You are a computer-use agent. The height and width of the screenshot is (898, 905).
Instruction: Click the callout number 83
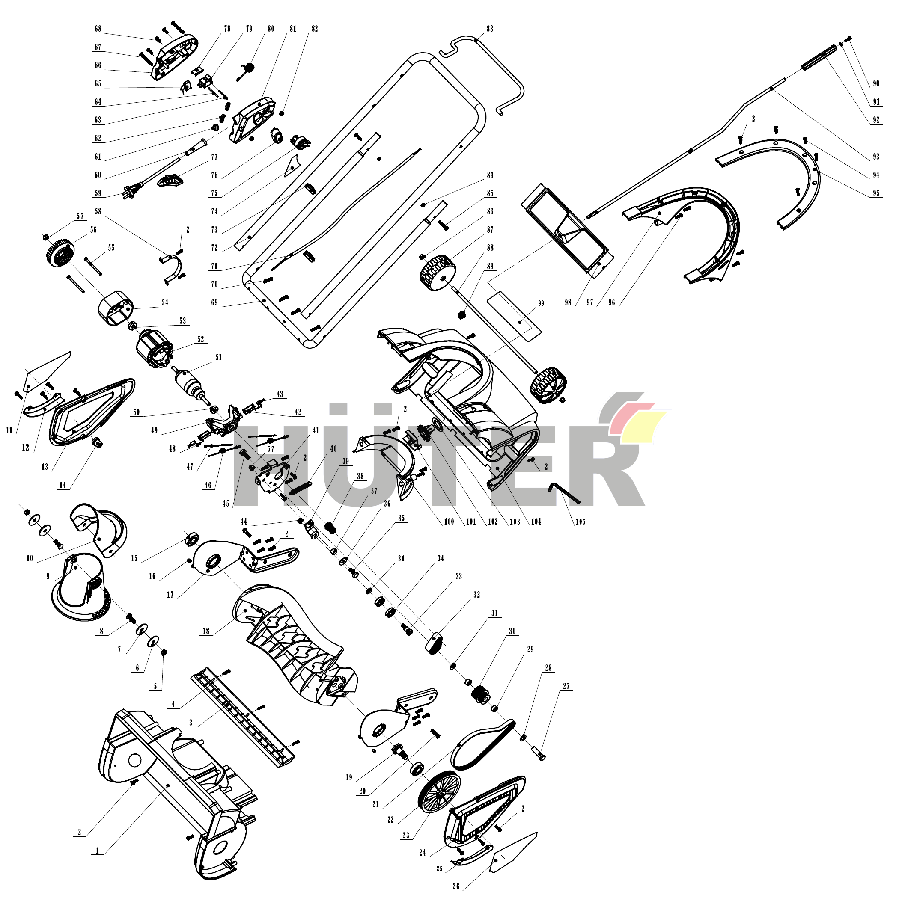tap(489, 29)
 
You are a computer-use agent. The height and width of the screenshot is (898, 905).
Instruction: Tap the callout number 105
tap(581, 522)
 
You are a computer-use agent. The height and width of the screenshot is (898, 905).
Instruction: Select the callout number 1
tap(98, 850)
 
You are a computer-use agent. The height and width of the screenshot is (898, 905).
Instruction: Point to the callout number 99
tap(541, 303)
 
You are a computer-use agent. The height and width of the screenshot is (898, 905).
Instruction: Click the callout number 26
tap(456, 886)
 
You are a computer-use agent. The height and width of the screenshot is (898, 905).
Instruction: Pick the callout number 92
tap(876, 120)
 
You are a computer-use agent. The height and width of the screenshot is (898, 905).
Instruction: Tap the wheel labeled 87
tap(438, 273)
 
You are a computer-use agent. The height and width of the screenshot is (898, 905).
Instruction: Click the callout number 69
tap(214, 302)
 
